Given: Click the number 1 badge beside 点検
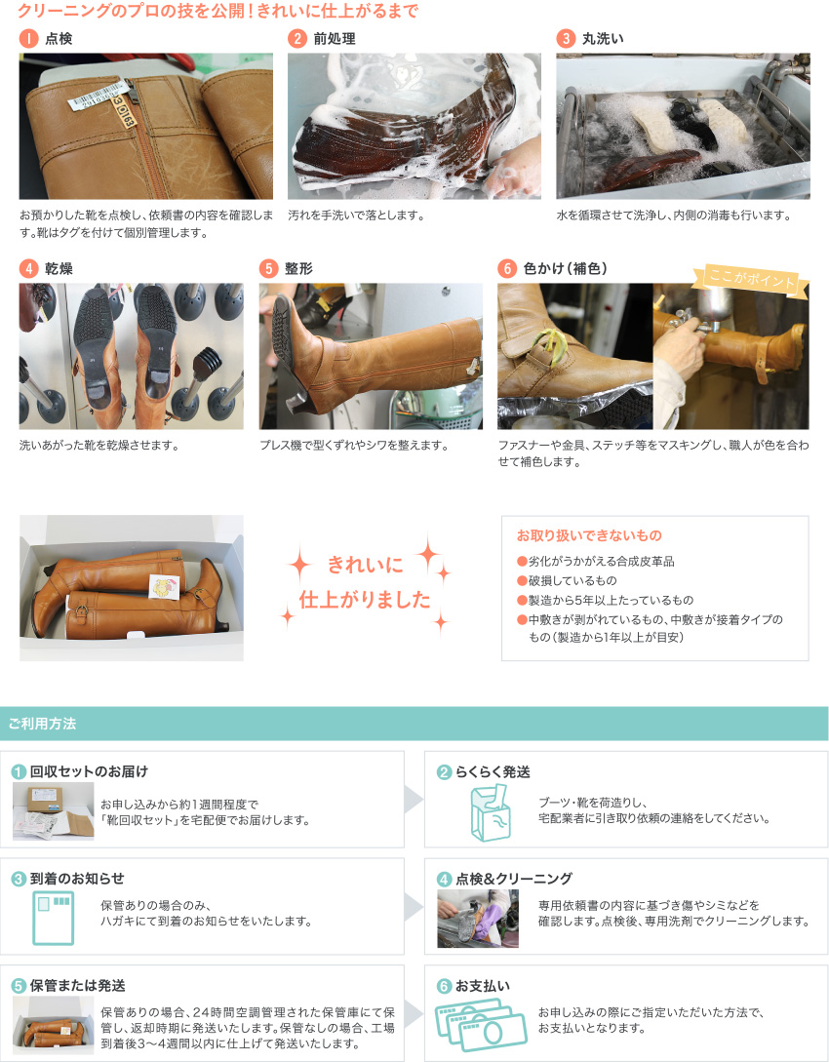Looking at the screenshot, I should pyautogui.click(x=28, y=39).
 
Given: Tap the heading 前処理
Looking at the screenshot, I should pyautogui.click(x=335, y=39).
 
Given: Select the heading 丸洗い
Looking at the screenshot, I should pyautogui.click(x=603, y=39).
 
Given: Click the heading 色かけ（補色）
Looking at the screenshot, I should pyautogui.click(x=566, y=268).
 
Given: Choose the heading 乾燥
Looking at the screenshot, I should pyautogui.click(x=59, y=268).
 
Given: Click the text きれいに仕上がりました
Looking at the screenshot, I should pyautogui.click(x=365, y=581).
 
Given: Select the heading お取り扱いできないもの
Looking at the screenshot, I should pyautogui.click(x=589, y=535).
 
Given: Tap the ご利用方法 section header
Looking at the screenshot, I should pyautogui.click(x=42, y=724).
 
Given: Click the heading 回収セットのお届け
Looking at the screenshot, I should pyautogui.click(x=89, y=771).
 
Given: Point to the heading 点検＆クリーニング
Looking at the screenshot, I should pyautogui.click(x=514, y=879).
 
